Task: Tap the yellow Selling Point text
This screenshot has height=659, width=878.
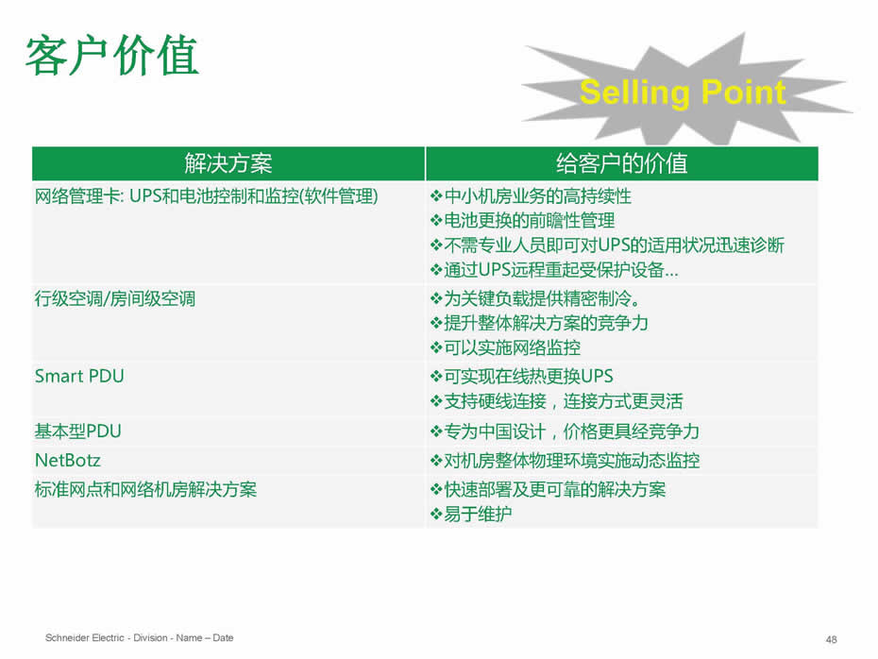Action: coord(683,93)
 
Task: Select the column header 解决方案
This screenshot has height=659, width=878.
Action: coord(228,163)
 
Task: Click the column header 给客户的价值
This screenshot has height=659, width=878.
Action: coord(621,163)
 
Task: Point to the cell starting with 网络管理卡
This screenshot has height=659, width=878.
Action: coord(207,196)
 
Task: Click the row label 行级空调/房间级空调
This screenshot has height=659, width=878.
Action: coord(115,299)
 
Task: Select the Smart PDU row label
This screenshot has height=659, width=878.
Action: coord(79,377)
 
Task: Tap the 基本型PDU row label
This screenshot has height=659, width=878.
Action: coord(77,431)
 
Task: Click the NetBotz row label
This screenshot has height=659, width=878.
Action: coord(68,460)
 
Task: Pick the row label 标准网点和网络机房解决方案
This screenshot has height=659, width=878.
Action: coord(145,489)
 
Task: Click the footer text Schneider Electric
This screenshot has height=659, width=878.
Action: coord(85,637)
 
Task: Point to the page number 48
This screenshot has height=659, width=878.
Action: coord(832,639)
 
